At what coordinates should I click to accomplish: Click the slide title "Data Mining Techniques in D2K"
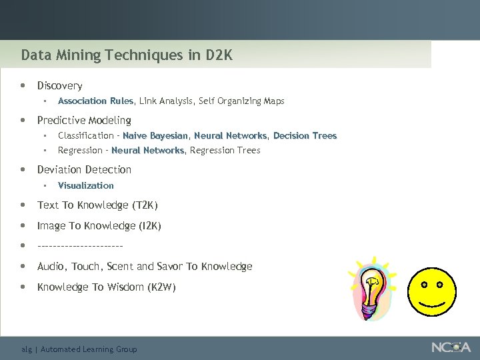[x=127, y=55]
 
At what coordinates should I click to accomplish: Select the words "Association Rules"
[x=95, y=101]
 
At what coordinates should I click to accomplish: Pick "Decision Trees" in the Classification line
[x=305, y=136]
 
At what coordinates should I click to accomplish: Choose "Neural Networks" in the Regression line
[x=148, y=151]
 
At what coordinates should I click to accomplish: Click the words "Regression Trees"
[x=225, y=151]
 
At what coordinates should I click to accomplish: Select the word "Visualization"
[x=85, y=185]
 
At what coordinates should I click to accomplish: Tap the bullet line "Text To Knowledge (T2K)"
[x=97, y=205]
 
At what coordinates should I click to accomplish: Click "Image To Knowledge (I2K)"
[x=99, y=226]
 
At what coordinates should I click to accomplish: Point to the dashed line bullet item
[x=80, y=246]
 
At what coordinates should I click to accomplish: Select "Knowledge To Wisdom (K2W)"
[x=106, y=287]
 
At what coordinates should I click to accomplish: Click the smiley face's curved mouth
[x=432, y=305]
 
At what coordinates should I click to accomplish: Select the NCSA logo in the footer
[x=451, y=347]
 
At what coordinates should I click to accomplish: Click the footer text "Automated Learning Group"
[x=89, y=349]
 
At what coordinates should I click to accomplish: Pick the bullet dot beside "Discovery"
[x=23, y=85]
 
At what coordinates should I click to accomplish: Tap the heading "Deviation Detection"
[x=84, y=170]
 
